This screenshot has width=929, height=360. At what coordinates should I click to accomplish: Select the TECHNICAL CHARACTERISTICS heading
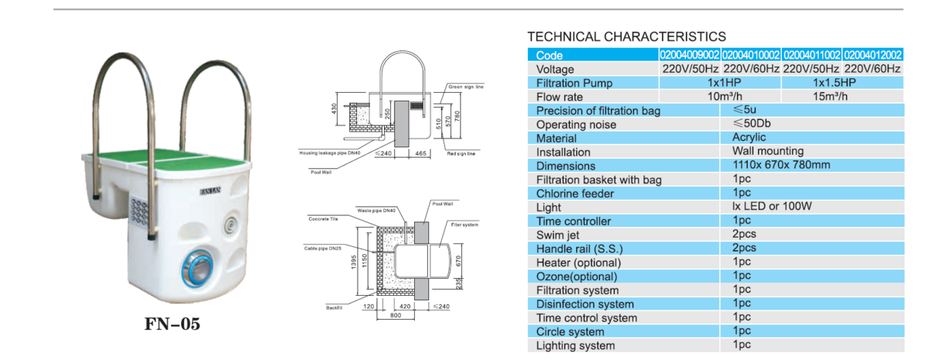pyautogui.click(x=626, y=36)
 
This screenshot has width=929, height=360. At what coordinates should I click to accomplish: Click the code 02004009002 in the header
pyautogui.click(x=689, y=55)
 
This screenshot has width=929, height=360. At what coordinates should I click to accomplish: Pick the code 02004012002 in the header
pyautogui.click(x=872, y=55)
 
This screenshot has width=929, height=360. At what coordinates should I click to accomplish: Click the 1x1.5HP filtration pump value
pyautogui.click(x=835, y=83)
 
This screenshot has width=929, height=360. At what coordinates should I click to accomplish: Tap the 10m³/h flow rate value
pyautogui.click(x=723, y=97)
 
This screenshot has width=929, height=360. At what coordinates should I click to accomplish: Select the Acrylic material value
pyautogui.click(x=749, y=138)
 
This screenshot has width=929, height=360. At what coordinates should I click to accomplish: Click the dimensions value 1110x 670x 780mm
pyautogui.click(x=780, y=166)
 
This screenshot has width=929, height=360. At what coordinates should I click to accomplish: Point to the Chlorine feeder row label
pyautogui.click(x=576, y=194)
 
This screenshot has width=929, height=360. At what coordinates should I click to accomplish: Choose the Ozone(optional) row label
pyautogui.click(x=577, y=276)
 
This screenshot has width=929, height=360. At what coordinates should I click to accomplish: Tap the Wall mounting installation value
pyautogui.click(x=767, y=152)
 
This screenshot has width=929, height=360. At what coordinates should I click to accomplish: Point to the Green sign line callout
pyautogui.click(x=466, y=87)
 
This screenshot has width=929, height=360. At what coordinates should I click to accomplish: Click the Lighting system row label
pyautogui.click(x=576, y=345)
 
